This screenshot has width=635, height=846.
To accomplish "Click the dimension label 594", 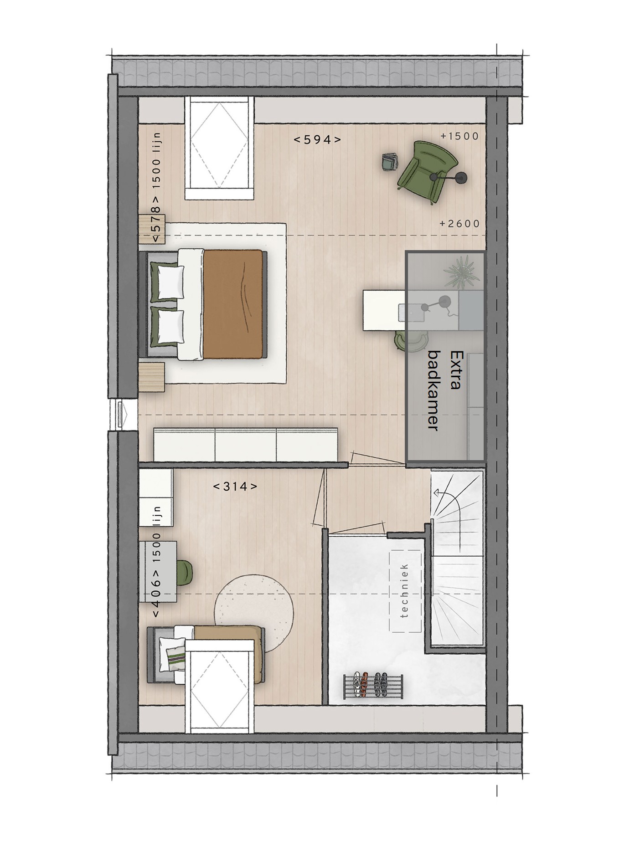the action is tap(317, 139).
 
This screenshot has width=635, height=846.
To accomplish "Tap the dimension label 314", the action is tap(235, 487).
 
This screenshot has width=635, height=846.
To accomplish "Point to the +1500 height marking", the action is tap(459, 136).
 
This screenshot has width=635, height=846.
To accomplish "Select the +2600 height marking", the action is tap(459, 224).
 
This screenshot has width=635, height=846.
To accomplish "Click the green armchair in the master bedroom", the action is tap(427, 170).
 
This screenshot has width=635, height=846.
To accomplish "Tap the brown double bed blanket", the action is tap(233, 303).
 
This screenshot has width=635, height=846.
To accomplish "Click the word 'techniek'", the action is tap(405, 591).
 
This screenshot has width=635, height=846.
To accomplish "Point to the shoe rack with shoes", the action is tap(373, 685).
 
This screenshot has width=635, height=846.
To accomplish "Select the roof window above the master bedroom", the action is tap(219, 148).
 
